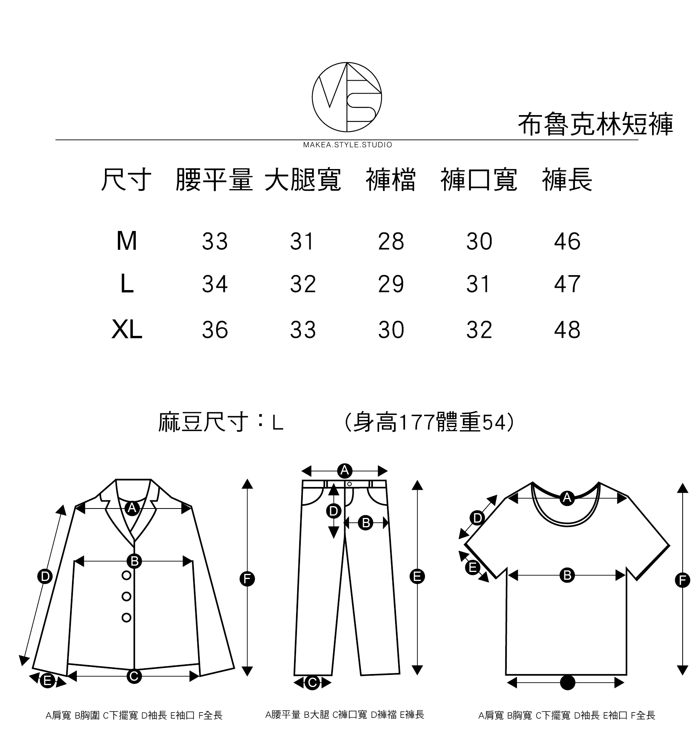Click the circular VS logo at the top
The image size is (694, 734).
pyautogui.click(x=347, y=97)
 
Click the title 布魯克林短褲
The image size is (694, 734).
pyautogui.click(x=595, y=124)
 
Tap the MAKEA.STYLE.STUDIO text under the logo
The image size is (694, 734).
pyautogui.click(x=347, y=145)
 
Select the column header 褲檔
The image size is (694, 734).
pyautogui.click(x=390, y=180)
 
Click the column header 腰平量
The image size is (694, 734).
pyautogui.click(x=214, y=180)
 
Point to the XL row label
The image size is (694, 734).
pyautogui.click(x=127, y=330)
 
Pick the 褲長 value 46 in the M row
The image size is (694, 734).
pyautogui.click(x=567, y=241)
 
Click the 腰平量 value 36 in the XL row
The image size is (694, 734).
pyautogui.click(x=215, y=330)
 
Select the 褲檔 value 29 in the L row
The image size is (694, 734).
pyautogui.click(x=391, y=284)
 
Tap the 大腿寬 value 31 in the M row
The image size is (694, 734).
pyautogui.click(x=302, y=241)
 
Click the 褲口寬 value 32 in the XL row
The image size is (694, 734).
pyautogui.click(x=479, y=330)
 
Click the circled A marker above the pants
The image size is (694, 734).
pyautogui.click(x=345, y=470)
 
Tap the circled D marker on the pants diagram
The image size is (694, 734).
pyautogui.click(x=333, y=511)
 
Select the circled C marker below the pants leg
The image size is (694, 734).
pyautogui.click(x=312, y=683)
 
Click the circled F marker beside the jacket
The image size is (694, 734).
pyautogui.click(x=247, y=579)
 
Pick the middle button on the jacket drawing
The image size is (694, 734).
pyautogui.click(x=127, y=596)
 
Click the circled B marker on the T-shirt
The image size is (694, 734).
pyautogui.click(x=567, y=575)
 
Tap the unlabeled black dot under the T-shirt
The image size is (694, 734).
pyautogui.click(x=567, y=682)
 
